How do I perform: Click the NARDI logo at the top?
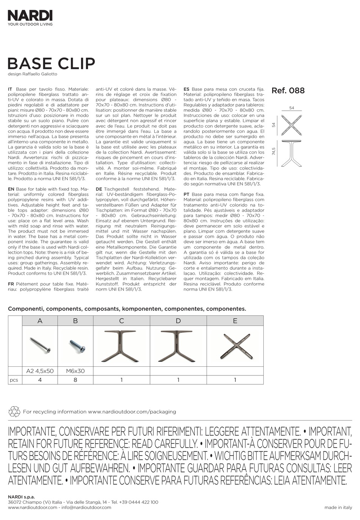click(x=30, y=16)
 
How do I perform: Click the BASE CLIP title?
click(x=51, y=64)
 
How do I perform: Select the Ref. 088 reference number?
click(x=288, y=91)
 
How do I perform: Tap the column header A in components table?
click(x=40, y=321)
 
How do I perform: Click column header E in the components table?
click(x=235, y=321)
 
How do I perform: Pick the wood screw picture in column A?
click(x=40, y=344)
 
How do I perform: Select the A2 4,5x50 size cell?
click(x=40, y=371)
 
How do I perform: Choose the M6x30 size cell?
click(x=75, y=371)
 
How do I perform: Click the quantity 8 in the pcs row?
click(x=75, y=380)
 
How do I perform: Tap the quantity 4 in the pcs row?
click(x=40, y=380)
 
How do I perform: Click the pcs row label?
click(x=14, y=380)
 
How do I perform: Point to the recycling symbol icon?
click(x=14, y=412)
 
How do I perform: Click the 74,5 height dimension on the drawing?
click(x=274, y=151)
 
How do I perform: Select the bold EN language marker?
click(x=11, y=189)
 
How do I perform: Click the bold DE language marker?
click(x=99, y=189)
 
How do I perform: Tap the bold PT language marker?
click(x=186, y=194)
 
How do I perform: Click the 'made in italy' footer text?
click(x=338, y=507)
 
